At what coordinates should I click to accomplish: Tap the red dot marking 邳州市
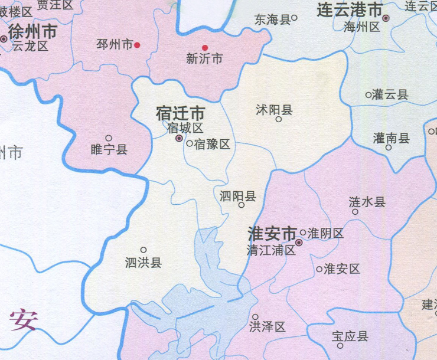pyautogui.click(x=137, y=45)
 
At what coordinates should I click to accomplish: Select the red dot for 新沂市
pyautogui.click(x=205, y=48)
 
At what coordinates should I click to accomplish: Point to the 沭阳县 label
pyautogui.click(x=274, y=109)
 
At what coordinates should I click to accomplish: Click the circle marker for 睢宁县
pyautogui.click(x=109, y=138)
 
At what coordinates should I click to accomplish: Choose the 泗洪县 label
pyautogui.click(x=144, y=263)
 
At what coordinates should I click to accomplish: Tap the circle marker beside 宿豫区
pyautogui.click(x=189, y=143)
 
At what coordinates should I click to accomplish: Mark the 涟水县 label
pyautogui.click(x=367, y=202)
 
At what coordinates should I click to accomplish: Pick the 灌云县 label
pyautogui.click(x=390, y=94)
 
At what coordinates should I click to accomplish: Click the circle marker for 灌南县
pyautogui.click(x=388, y=148)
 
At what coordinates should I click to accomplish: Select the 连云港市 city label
pyautogui.click(x=350, y=10)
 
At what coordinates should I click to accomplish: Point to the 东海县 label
pyautogui.click(x=272, y=19)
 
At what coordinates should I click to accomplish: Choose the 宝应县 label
pyautogui.click(x=350, y=336)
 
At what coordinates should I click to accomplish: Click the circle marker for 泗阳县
pyautogui.click(x=241, y=205)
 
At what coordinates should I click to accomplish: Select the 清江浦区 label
pyautogui.click(x=270, y=250)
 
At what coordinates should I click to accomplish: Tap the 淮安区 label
pyautogui.click(x=342, y=269)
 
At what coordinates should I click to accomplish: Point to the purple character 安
pyautogui.click(x=23, y=319)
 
